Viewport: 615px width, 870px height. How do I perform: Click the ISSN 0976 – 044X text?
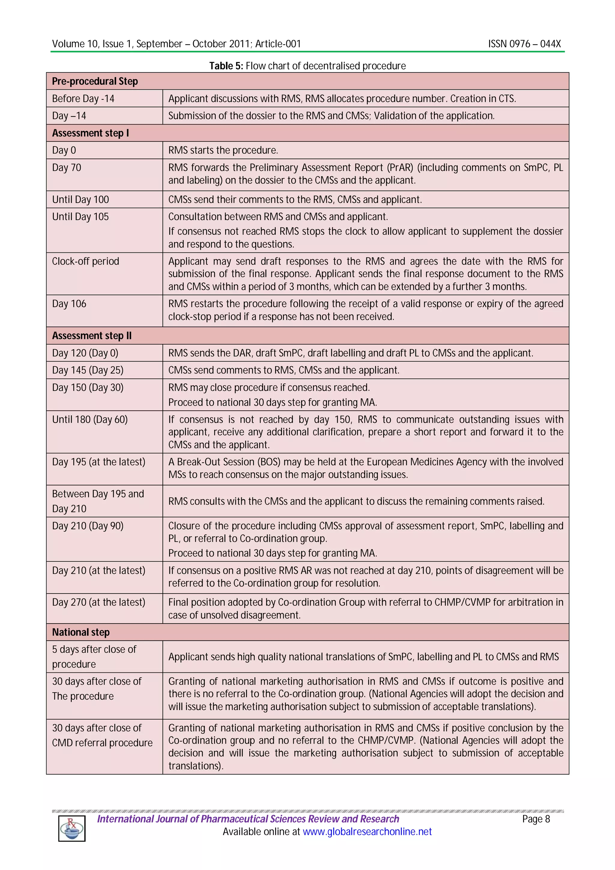[x=524, y=44]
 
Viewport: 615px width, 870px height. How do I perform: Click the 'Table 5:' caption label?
[x=226, y=66]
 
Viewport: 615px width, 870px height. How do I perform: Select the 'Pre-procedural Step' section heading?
[x=95, y=81]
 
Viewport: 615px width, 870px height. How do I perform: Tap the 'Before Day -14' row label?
[x=83, y=98]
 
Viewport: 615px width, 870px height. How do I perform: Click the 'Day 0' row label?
[x=64, y=150]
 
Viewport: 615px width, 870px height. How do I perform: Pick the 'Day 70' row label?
[x=66, y=168]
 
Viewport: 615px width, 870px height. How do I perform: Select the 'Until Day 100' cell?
[x=80, y=199]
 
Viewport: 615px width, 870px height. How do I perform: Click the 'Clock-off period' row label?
[x=85, y=261]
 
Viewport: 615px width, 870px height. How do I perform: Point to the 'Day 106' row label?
[x=69, y=304]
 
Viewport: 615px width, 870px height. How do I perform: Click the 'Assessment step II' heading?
[x=92, y=336]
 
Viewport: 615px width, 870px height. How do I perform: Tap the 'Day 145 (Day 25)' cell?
[x=87, y=370]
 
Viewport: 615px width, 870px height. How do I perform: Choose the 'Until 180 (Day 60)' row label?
[x=90, y=419]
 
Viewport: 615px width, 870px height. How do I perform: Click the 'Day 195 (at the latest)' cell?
[x=98, y=462]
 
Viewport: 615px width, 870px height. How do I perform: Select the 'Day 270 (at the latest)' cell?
[x=98, y=602]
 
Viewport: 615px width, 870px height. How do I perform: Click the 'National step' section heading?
[x=81, y=632]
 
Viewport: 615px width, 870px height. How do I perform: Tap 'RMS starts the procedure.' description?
[x=223, y=150]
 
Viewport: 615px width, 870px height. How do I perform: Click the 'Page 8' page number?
[x=536, y=819]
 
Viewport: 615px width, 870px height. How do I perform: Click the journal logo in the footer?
[x=71, y=829]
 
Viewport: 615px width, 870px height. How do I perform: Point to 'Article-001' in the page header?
[x=278, y=44]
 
